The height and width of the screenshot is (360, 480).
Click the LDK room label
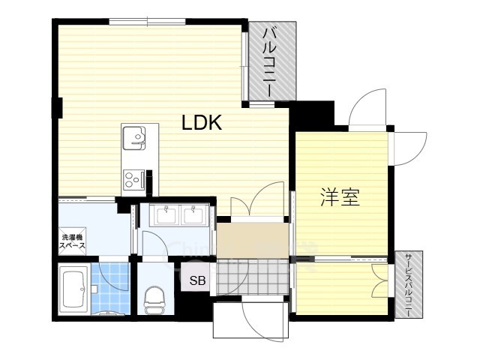[202, 122]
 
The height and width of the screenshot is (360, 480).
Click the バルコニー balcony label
[270, 61]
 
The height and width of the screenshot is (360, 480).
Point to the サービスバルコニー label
[408, 285]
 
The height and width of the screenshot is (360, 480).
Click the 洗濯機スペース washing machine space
[72, 241]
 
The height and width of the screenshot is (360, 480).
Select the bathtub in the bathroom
[74, 289]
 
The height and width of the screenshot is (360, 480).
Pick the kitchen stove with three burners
[133, 179]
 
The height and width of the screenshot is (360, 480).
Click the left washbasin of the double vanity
[166, 214]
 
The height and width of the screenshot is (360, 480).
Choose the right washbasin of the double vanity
[193, 214]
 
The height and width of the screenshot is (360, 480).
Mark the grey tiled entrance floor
[252, 277]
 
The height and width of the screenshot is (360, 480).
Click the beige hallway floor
[253, 241]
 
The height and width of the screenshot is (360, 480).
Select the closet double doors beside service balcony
[380, 280]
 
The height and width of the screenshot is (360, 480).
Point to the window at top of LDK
[147, 22]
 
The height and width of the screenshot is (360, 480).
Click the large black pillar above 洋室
[312, 115]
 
